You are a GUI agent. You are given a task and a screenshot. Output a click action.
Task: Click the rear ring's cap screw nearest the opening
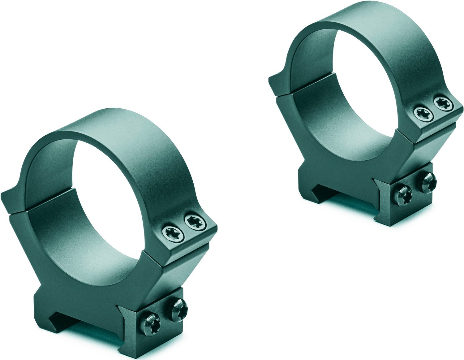(423, 113)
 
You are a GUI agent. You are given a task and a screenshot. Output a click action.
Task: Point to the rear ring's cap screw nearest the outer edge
(443, 104)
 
